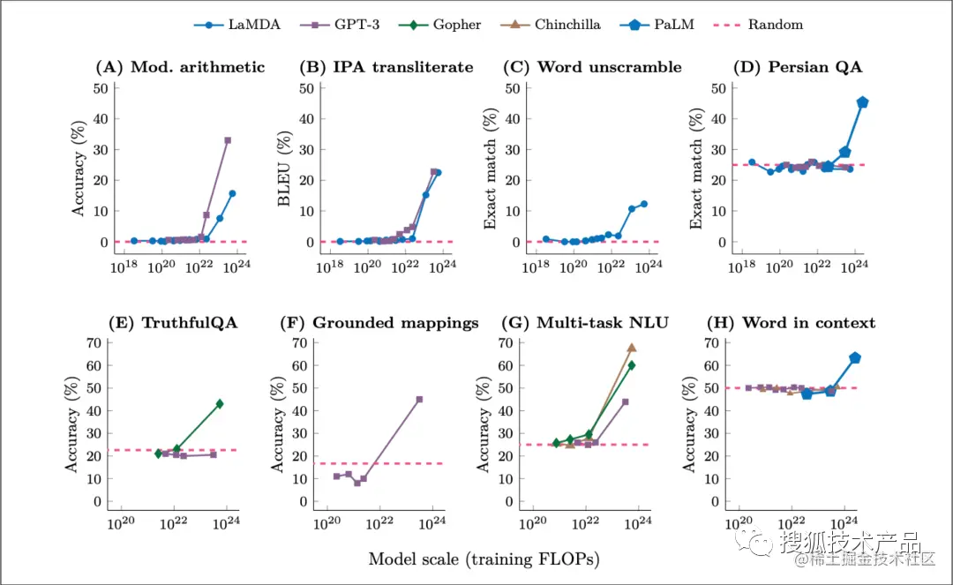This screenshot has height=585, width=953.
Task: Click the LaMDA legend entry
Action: point(237,25)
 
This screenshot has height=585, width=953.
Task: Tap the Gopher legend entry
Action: point(446,25)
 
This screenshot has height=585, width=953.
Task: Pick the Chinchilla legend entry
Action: point(555,25)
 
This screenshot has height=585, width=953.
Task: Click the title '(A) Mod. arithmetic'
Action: point(179,67)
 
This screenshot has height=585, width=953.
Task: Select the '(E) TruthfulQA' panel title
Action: point(173,323)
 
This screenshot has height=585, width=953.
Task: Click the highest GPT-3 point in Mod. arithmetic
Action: point(228,140)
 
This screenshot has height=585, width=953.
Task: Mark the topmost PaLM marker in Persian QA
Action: point(862,102)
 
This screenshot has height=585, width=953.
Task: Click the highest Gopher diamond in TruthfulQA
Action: point(220,403)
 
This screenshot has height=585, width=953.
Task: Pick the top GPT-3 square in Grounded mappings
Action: point(419,399)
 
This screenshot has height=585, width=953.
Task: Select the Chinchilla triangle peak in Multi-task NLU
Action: point(632,348)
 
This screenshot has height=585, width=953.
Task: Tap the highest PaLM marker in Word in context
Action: point(854,357)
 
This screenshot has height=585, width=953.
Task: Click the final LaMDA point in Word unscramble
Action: point(644,204)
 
